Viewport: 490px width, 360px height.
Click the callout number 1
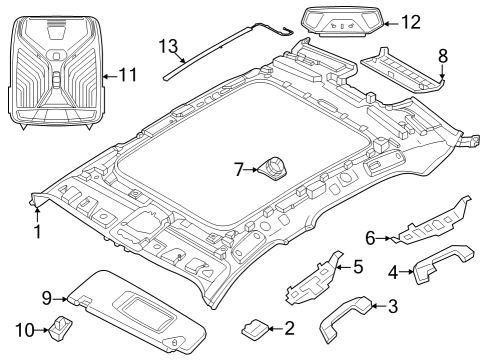[x=38, y=231]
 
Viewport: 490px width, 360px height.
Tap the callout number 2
[x=289, y=327]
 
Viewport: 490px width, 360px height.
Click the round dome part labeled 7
[x=272, y=169]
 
